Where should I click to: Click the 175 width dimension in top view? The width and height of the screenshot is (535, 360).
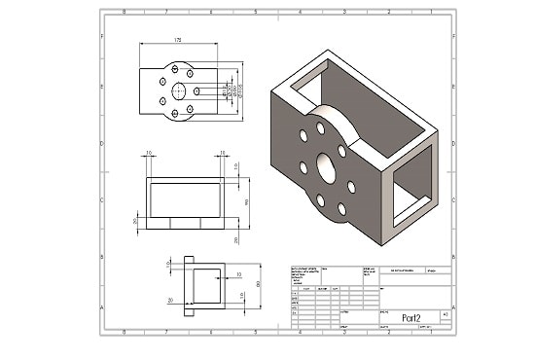178,41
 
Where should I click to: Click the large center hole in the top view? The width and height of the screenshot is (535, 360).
181,90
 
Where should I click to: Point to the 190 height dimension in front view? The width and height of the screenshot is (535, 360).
246,201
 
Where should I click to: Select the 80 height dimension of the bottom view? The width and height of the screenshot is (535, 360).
259,284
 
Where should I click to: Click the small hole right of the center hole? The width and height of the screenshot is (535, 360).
198,90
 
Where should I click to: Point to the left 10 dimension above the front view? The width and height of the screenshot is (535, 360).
149,154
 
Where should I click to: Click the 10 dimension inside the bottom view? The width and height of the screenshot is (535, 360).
239,275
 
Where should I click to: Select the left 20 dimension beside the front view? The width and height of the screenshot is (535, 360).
135,221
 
